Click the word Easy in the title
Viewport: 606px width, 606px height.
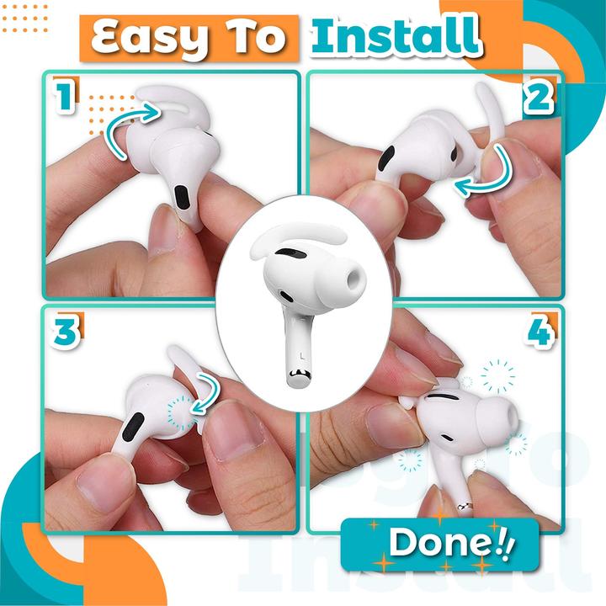(150, 39)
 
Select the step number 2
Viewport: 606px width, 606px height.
(539, 98)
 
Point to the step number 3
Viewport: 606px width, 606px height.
(66, 331)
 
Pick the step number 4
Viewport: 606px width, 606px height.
(540, 332)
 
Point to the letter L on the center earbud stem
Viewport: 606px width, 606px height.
(302, 356)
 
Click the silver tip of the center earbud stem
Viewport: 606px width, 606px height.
(299, 376)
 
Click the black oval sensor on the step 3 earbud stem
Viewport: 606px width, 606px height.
(133, 426)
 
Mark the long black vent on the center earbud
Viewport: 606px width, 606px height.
(292, 254)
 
